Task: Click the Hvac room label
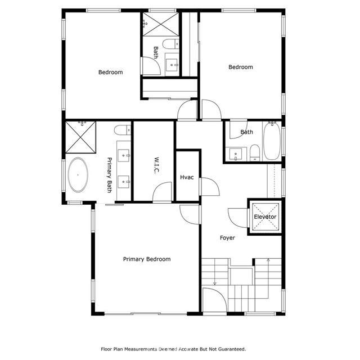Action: coord(187,177)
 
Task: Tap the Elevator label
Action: coord(265,217)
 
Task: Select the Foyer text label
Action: coord(227,238)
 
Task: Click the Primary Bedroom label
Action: coord(147,259)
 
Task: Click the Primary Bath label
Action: coord(110,174)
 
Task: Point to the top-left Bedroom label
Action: coord(110,72)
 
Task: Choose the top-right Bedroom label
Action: coord(240,67)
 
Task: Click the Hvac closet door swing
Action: coord(209,186)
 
